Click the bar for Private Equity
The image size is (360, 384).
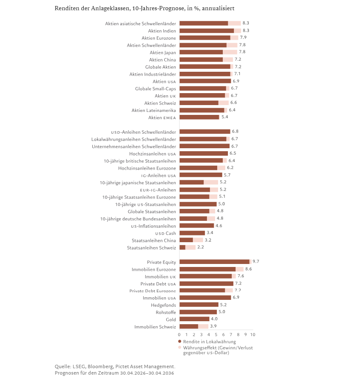[x=215, y=262]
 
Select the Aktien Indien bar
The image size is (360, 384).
[x=210, y=31]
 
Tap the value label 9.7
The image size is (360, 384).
[x=256, y=261]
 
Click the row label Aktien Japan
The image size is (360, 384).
[x=163, y=53]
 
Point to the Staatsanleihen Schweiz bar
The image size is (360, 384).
[x=187, y=247]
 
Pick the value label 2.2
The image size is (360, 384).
[x=201, y=247]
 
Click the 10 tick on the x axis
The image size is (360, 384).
[x=253, y=334]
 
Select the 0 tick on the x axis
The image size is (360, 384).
[x=180, y=334]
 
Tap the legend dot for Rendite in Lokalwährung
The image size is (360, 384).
[x=180, y=341]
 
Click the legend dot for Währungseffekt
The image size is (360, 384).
[x=180, y=348]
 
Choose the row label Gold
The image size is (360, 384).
[x=171, y=320]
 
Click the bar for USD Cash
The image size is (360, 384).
[x=192, y=233]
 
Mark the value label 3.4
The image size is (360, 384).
[x=210, y=233]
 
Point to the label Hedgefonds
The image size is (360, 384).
[x=163, y=305]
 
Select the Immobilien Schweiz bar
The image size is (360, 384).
[x=194, y=326]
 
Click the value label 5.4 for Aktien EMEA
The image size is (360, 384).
[x=225, y=117]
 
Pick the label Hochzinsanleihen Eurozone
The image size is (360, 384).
[x=147, y=168]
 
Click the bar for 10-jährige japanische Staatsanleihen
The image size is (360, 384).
[x=199, y=182]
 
